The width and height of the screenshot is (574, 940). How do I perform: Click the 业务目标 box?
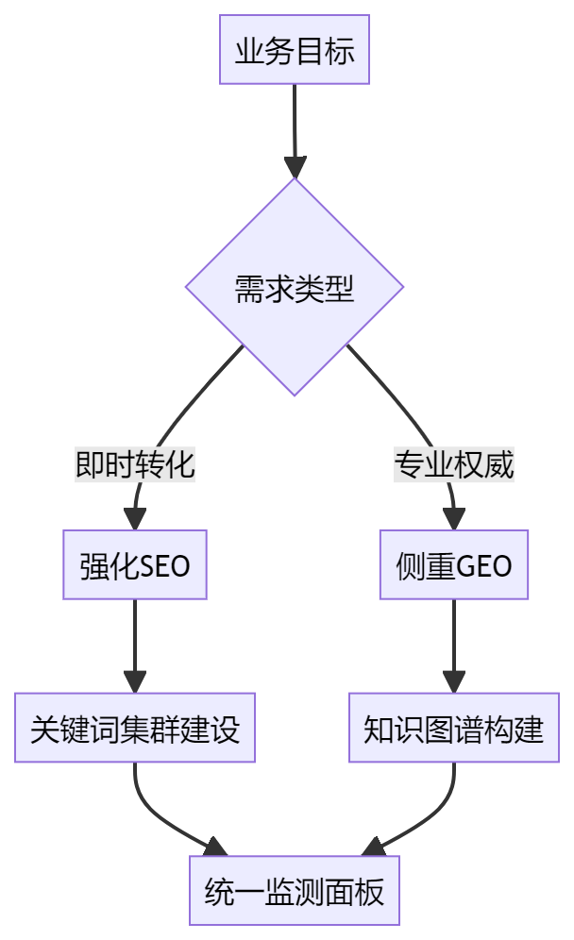[294, 50]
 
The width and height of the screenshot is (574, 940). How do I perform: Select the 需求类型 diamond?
[294, 287]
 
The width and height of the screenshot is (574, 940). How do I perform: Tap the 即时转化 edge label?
[135, 464]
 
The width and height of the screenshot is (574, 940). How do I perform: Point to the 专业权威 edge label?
[454, 464]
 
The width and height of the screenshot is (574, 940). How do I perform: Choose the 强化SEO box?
[135, 565]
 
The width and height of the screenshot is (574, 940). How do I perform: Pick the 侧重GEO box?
[454, 565]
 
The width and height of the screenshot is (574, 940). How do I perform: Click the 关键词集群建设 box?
[135, 729]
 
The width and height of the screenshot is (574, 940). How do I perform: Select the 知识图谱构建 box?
[454, 729]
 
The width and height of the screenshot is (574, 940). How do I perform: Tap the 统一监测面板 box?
[294, 890]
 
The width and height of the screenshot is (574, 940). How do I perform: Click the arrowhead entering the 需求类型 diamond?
[295, 167]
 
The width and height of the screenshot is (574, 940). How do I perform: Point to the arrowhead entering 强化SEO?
[135, 519]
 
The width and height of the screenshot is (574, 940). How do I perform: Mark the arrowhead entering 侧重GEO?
[454, 519]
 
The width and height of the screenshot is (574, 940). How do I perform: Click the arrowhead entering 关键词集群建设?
[135, 682]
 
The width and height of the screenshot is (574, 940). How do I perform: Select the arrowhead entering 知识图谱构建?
[454, 682]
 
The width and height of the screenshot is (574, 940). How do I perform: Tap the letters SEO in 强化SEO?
[164, 566]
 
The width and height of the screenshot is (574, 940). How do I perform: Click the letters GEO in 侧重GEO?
[483, 566]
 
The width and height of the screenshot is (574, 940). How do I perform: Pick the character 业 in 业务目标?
[248, 51]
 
